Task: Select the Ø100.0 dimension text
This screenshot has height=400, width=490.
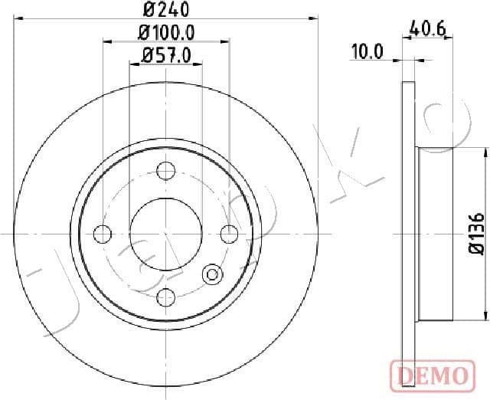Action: point(165,33)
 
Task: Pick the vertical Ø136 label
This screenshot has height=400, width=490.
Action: point(475,233)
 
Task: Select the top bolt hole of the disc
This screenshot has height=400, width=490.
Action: point(165,170)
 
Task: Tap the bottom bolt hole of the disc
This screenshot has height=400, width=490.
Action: point(165,297)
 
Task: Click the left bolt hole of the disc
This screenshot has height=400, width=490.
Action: point(102,233)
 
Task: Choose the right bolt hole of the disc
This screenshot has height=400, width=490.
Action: point(228,233)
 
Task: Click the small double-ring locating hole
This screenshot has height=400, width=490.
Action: point(212,274)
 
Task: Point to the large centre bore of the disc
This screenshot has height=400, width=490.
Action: point(165,233)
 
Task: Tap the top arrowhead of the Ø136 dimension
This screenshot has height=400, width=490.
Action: point(483,152)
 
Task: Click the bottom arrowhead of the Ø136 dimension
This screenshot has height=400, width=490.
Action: point(483,316)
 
